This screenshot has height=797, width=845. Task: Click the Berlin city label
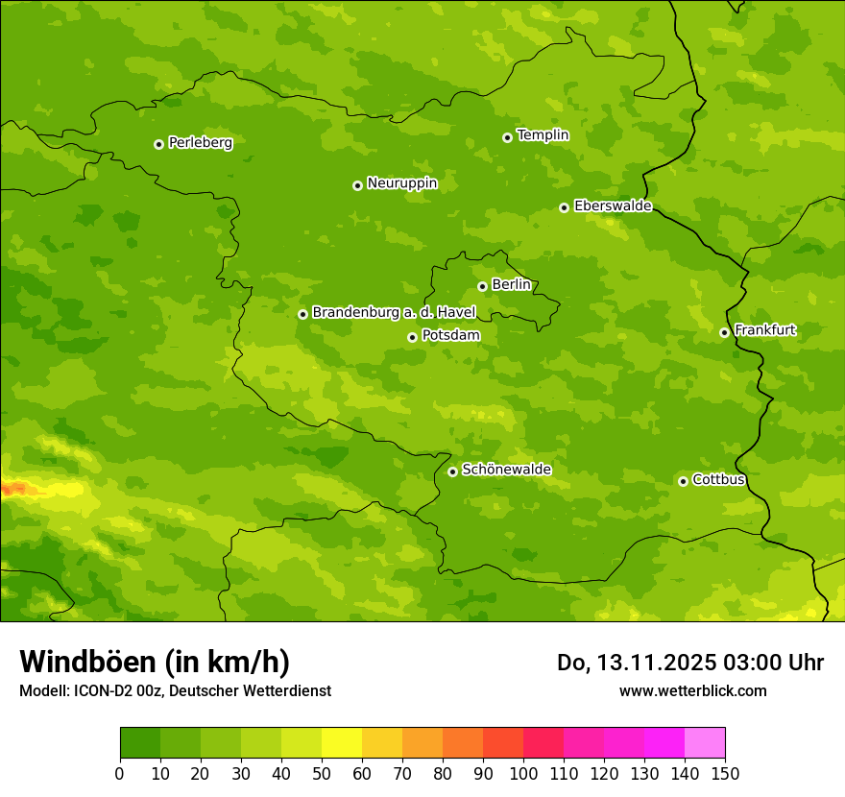point(511,285)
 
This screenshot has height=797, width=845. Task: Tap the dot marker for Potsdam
point(412,337)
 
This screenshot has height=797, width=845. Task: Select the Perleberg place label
point(200,143)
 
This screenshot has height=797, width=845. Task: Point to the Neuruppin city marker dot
point(357,185)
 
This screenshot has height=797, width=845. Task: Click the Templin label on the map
point(543,135)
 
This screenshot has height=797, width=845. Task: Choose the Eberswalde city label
point(613,206)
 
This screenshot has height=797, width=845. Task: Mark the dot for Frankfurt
point(724,332)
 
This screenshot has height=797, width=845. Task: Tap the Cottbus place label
point(718,479)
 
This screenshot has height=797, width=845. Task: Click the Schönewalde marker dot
point(452,471)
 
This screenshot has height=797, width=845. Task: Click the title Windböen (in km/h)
point(155,662)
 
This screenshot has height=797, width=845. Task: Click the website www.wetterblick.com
point(692,690)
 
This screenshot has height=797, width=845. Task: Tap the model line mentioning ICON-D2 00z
point(175,690)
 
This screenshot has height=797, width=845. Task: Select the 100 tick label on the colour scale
point(523,773)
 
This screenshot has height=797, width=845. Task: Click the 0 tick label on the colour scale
point(120,773)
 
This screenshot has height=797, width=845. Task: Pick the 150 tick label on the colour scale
point(725,773)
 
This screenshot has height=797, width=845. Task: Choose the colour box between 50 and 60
point(342,743)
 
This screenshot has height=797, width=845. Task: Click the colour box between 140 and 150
point(705,743)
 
